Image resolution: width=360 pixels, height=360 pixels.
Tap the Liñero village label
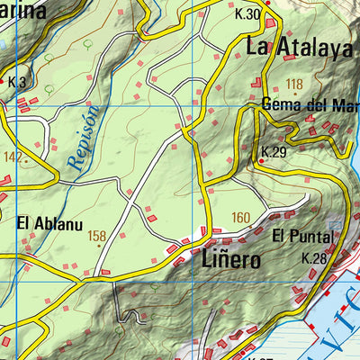(x=231, y=260)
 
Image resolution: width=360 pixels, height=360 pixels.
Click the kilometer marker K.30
(x=247, y=14)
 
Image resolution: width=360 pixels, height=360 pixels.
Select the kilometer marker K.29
(x=274, y=151)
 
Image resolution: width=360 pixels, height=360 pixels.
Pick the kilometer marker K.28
(x=314, y=258)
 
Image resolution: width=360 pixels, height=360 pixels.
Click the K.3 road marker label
(x=16, y=82)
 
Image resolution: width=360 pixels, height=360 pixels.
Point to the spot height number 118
(x=293, y=85)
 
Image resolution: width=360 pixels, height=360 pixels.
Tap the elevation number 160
(x=240, y=217)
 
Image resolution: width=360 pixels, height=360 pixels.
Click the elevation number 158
(x=97, y=236)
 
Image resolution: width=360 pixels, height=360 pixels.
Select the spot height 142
(x=11, y=157)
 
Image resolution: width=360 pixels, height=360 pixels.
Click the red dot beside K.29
(x=261, y=161)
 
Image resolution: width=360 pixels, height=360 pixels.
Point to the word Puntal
(x=311, y=237)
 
